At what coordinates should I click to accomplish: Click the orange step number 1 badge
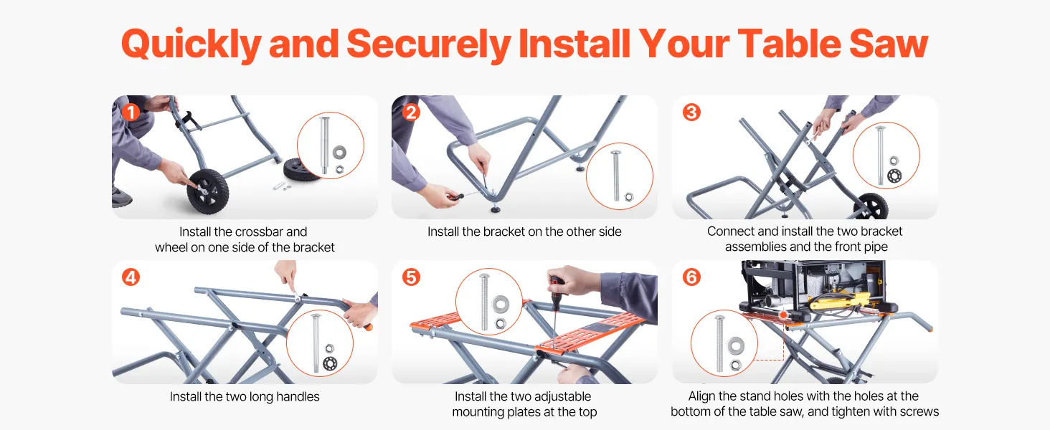[131, 113]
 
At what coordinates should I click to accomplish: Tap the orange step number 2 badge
[411, 113]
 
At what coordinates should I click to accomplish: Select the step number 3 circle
[691, 113]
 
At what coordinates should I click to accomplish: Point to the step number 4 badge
[131, 277]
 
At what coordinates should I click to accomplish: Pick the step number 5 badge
[411, 277]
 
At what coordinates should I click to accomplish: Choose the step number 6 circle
[691, 277]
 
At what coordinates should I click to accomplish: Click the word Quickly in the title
[191, 45]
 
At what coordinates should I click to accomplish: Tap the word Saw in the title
[889, 44]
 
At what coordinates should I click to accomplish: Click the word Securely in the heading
[428, 45]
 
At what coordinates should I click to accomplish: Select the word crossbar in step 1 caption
[260, 232]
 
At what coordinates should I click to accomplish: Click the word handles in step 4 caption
[298, 397]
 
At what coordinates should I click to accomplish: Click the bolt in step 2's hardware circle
[616, 176]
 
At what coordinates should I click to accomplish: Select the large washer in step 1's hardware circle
[339, 152]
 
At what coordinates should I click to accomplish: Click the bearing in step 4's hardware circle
[330, 363]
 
